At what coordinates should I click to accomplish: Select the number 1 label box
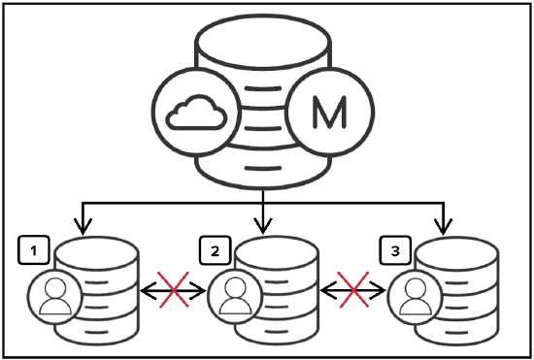click(x=34, y=251)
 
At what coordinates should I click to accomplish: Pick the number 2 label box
click(x=214, y=251)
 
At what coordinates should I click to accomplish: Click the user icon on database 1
click(x=54, y=297)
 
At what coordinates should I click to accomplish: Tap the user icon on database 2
click(x=234, y=297)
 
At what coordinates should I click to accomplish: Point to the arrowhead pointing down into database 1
click(x=83, y=227)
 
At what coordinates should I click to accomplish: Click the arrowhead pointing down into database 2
click(x=263, y=227)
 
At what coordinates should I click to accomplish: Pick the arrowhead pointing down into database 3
click(x=445, y=227)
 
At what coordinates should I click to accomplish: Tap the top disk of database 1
click(x=95, y=254)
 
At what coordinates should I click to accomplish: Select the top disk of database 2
click(x=275, y=254)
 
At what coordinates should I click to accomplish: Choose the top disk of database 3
click(x=457, y=254)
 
